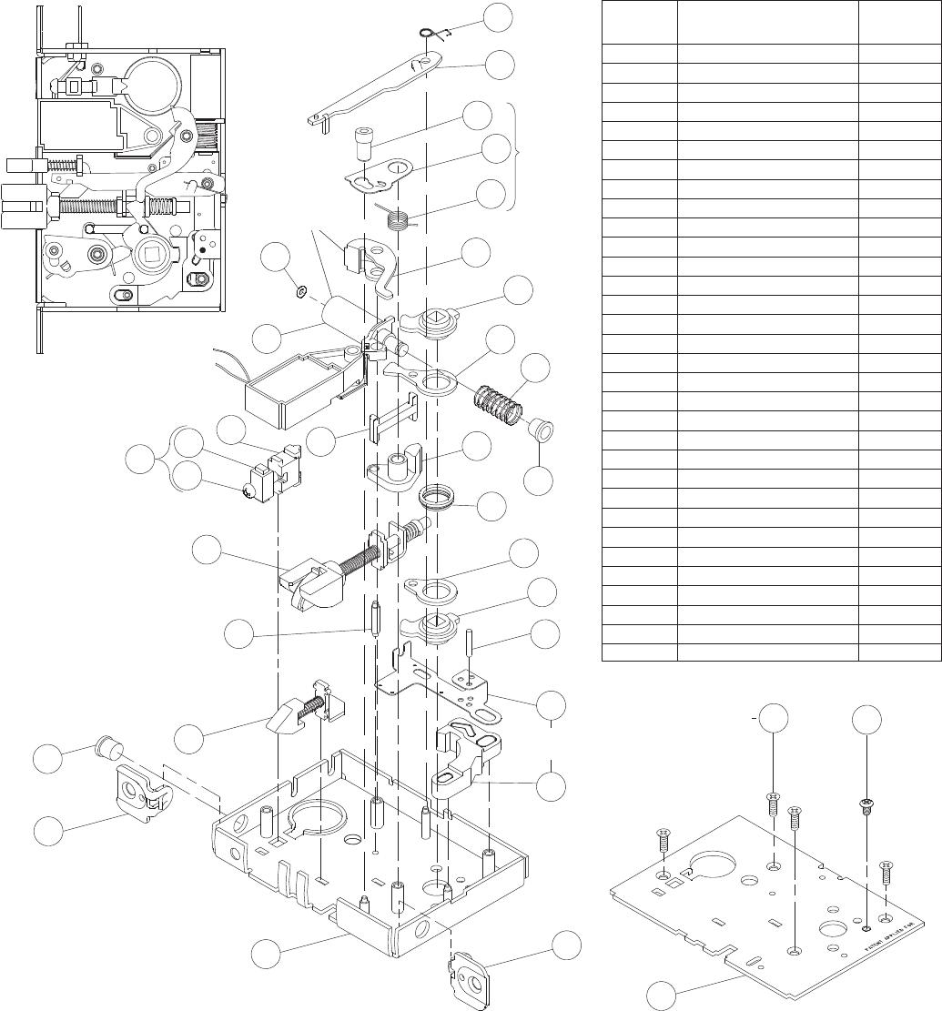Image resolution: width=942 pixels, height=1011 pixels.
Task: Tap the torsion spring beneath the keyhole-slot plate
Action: pos(395,219)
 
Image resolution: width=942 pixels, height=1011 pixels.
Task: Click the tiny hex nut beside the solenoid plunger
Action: pos(300,292)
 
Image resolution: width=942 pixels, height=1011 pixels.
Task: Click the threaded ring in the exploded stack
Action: pos(436,498)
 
